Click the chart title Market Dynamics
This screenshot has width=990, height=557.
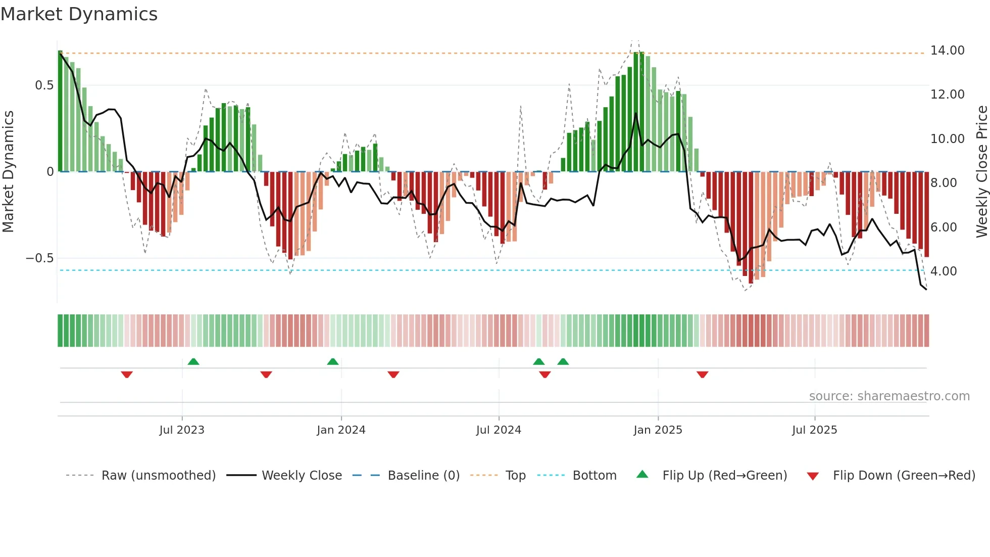(x=79, y=14)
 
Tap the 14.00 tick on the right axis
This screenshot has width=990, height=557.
(x=947, y=51)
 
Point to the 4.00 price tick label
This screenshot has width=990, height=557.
(x=944, y=271)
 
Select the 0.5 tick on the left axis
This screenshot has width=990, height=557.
(x=44, y=85)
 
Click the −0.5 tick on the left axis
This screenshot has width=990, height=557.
(x=39, y=258)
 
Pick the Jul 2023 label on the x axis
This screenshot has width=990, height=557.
(x=182, y=430)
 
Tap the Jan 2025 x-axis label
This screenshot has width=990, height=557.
(x=658, y=430)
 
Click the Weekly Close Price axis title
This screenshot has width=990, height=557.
(x=981, y=172)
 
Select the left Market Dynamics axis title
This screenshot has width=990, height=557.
(x=9, y=172)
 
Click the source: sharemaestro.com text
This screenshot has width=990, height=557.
(x=889, y=396)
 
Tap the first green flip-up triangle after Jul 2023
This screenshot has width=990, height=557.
(x=193, y=361)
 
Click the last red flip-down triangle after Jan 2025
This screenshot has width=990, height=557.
(x=702, y=375)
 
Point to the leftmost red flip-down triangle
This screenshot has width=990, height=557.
(x=127, y=375)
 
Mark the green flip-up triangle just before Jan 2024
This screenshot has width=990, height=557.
(x=332, y=361)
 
